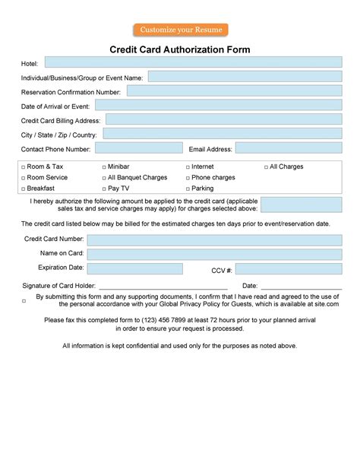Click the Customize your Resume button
point(179,30)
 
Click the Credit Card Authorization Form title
point(180,49)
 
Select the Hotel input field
point(193,62)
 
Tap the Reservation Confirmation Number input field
point(234,91)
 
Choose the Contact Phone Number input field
point(139,148)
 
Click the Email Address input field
point(289,148)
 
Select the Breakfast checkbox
point(24,189)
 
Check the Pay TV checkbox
point(104,189)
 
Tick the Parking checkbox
point(188,189)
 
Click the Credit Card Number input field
point(214,239)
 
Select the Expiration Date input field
point(134,268)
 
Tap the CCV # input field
point(289,269)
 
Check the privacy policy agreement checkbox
point(24,301)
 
